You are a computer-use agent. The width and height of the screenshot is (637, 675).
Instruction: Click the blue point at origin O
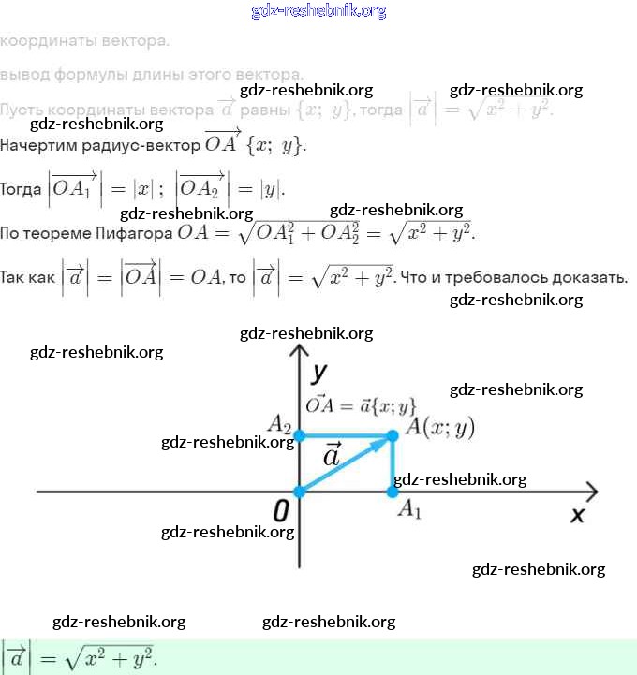tap(299, 492)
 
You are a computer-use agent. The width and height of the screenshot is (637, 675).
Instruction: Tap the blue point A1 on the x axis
tap(393, 492)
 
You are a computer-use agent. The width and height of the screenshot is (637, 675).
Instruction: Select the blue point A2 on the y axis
tap(299, 435)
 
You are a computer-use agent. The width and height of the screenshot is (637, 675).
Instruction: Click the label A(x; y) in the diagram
tap(439, 428)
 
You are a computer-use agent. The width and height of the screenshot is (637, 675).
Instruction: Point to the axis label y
tap(320, 373)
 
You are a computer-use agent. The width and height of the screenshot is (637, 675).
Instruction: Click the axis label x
tap(578, 514)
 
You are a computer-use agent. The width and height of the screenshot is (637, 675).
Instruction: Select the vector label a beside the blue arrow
tap(332, 456)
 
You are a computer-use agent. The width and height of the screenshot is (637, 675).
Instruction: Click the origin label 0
tap(279, 511)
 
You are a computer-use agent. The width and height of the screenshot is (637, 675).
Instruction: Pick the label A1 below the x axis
tap(409, 510)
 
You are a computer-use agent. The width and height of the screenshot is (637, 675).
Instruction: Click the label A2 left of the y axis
tap(279, 424)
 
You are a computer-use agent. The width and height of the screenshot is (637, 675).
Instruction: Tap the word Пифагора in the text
tap(138, 233)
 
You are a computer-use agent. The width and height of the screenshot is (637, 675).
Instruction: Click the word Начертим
tap(37, 146)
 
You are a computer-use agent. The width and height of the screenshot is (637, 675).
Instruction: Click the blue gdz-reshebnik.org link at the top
tap(318, 11)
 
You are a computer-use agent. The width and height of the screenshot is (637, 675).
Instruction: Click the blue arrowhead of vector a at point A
tap(384, 440)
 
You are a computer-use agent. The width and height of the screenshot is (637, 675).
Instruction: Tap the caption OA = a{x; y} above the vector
tap(361, 405)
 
